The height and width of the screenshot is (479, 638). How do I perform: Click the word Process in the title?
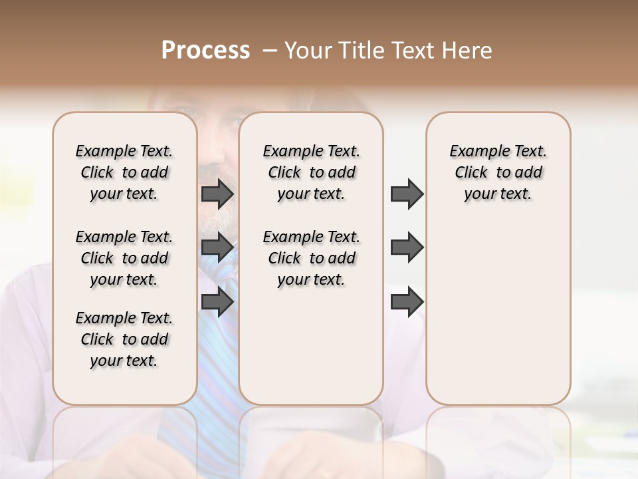[x=205, y=51]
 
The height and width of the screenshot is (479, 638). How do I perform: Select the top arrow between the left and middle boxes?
[x=217, y=194]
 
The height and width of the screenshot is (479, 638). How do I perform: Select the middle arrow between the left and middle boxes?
[x=217, y=247]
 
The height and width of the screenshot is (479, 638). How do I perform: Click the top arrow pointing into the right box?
[x=407, y=194]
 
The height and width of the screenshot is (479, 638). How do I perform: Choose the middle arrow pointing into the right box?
[x=407, y=247]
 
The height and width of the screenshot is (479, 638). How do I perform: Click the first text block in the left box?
[x=124, y=172]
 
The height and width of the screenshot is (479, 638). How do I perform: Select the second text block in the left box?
[x=124, y=258]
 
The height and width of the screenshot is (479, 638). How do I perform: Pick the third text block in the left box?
[x=124, y=339]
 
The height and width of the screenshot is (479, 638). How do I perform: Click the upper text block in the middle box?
[x=311, y=172]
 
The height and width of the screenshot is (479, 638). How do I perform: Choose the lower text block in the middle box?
[x=311, y=258]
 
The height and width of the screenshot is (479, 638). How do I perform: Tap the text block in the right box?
[x=498, y=172]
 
